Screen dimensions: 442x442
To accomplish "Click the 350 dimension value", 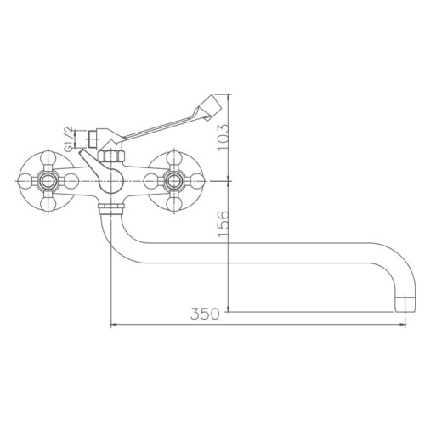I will coord(204,314).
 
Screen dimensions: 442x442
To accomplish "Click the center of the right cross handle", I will coord(176,180).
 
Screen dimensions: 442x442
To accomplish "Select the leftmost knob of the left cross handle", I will coord(25,180).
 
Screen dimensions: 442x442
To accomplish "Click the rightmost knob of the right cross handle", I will coord(199,180).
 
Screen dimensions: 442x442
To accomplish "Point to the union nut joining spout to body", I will coord(112,207).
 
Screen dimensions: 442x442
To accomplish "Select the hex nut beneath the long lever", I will coord(110,158).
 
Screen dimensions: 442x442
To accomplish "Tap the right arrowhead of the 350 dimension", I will coord(406,324).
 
